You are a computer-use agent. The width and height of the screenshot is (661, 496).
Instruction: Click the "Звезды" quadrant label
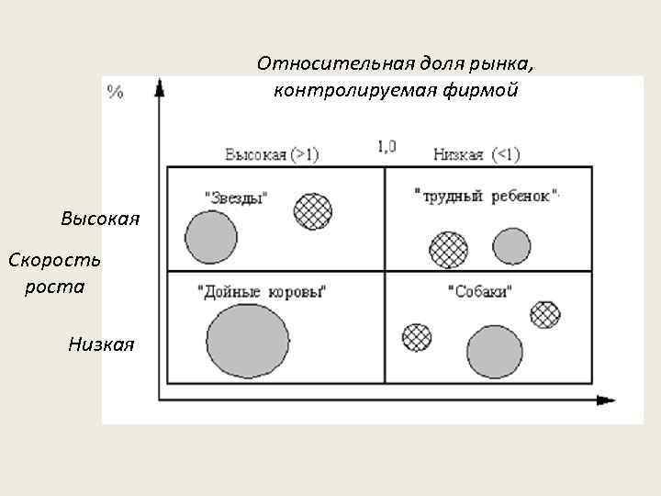[236, 197]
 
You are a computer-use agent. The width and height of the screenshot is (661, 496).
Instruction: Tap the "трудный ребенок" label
[487, 196]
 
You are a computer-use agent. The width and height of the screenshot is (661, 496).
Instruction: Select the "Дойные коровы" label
[263, 292]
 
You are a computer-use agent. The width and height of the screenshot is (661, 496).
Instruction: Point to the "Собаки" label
[480, 292]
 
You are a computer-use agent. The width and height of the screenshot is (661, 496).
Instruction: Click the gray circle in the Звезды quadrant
[211, 237]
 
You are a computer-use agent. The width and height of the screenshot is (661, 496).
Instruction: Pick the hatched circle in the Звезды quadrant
[313, 211]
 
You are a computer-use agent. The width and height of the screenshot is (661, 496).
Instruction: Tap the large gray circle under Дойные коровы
[248, 341]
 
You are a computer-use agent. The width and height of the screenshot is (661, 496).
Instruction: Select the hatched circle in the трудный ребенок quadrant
[449, 249]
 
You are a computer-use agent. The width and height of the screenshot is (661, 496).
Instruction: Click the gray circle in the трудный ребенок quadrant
[511, 245]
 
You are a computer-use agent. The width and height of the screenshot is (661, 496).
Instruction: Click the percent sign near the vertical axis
[115, 92]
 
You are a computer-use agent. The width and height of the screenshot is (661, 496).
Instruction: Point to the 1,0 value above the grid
[387, 145]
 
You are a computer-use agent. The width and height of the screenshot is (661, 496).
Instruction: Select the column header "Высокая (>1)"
[272, 154]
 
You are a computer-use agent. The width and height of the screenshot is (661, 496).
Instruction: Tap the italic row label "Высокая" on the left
[100, 219]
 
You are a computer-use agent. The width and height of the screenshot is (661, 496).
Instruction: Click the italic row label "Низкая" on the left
[101, 344]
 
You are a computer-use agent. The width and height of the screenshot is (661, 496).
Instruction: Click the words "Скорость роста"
[55, 273]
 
